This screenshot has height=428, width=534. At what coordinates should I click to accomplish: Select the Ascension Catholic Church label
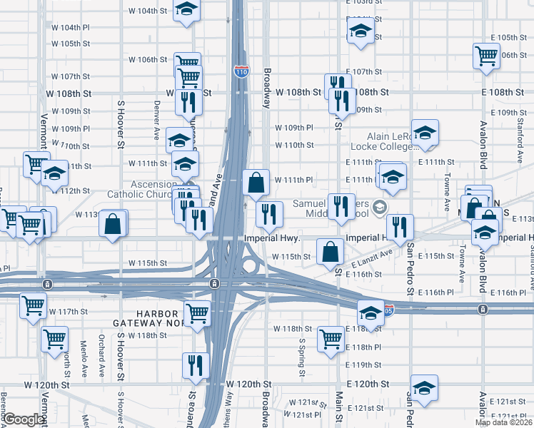[x=140, y=188]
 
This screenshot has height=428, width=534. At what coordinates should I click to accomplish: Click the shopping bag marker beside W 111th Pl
[x=256, y=183]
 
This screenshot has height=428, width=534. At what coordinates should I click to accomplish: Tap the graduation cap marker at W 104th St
[x=186, y=11]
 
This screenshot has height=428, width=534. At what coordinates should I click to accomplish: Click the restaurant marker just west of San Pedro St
[x=400, y=227]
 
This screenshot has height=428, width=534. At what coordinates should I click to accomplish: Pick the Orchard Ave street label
[x=101, y=353]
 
